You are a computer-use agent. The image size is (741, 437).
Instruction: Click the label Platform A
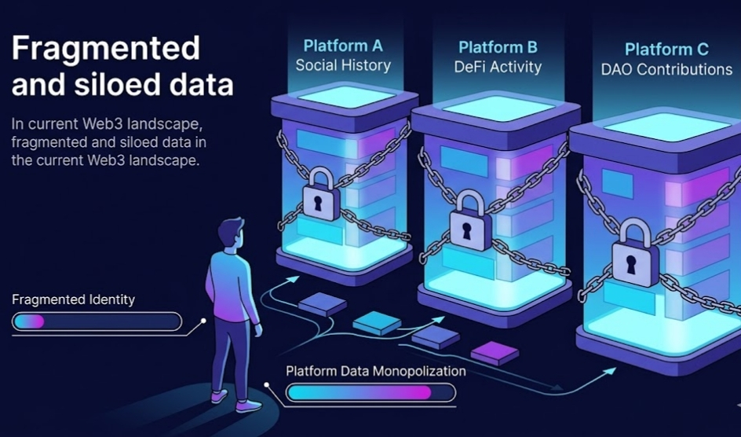[342, 46]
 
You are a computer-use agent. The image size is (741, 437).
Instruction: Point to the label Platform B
[498, 48]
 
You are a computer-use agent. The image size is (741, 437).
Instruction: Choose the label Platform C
[666, 50]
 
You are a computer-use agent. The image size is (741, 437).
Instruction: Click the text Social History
[342, 65]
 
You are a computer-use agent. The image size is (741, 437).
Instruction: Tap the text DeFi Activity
[498, 67]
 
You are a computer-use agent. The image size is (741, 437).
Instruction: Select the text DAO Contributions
[666, 69]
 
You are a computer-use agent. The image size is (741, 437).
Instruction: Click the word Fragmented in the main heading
[105, 50]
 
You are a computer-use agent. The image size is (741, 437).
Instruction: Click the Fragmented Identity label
[73, 299]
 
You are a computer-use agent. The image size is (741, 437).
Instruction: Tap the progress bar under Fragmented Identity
[97, 321]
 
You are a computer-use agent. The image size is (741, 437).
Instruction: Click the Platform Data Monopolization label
[375, 371]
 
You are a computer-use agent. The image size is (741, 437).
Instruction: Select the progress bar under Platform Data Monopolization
[370, 392]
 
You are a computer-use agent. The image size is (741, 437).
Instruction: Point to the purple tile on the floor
[495, 351]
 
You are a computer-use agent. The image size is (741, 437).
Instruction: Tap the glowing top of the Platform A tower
[344, 97]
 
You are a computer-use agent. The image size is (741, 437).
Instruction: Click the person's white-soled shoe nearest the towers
[248, 406]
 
